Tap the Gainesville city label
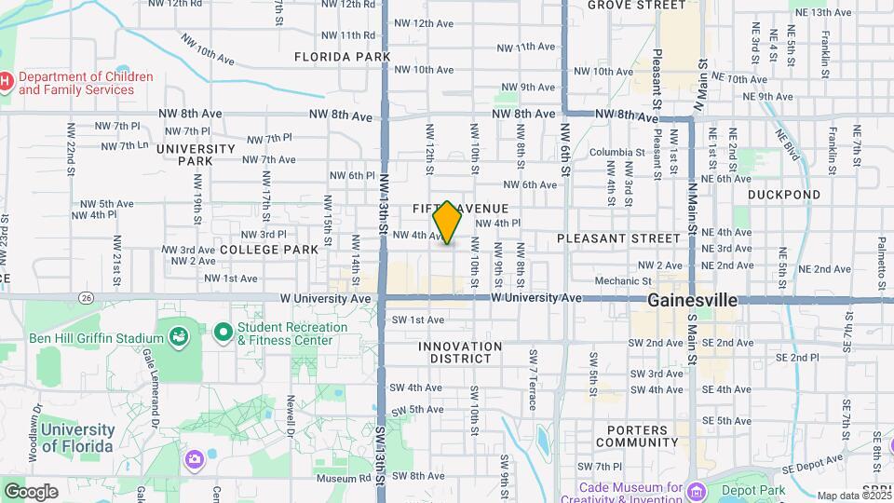click(692, 301)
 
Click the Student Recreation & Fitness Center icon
click(223, 332)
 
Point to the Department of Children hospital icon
click(6, 83)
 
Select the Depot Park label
click(754, 490)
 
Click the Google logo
click(31, 491)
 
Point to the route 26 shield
click(87, 298)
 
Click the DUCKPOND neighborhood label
click(784, 195)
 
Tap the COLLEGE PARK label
click(269, 250)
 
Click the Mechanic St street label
click(623, 280)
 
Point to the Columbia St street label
click(616, 152)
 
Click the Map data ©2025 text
click(852, 496)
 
